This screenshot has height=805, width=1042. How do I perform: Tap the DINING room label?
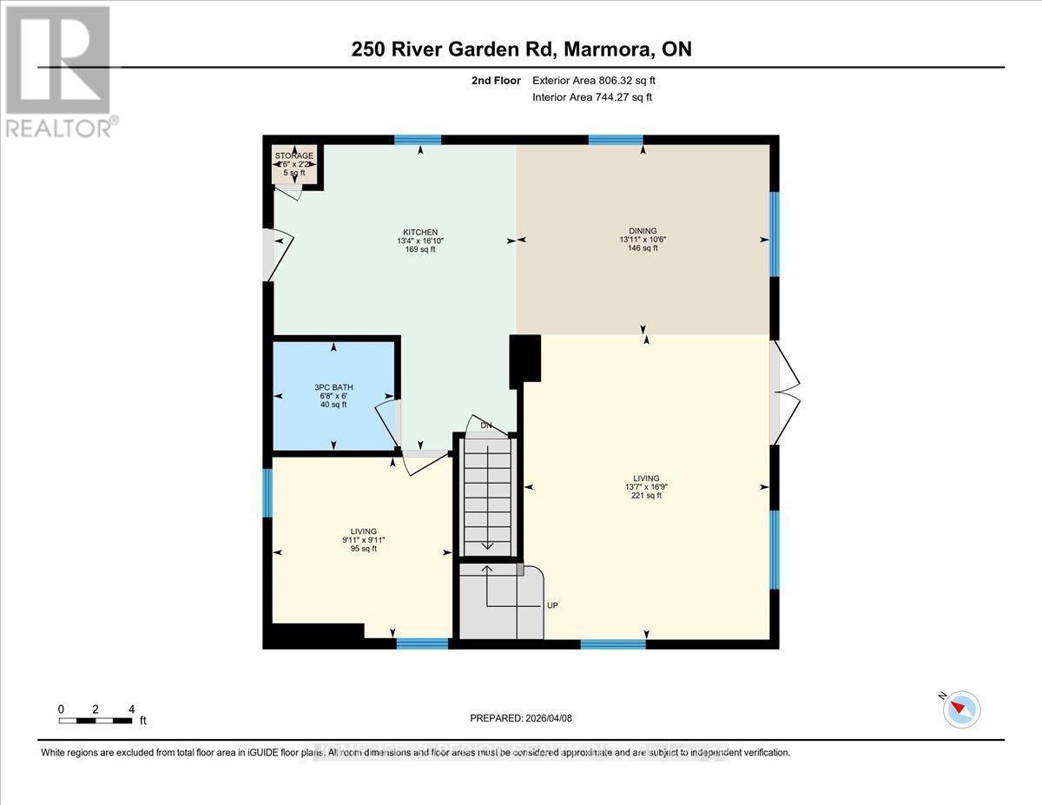[x=643, y=230]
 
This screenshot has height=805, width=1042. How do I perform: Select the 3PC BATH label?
[x=334, y=387]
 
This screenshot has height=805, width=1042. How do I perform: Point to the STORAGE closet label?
[x=294, y=155]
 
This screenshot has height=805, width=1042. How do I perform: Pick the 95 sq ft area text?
[x=362, y=549]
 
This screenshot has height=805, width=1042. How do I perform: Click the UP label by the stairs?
[x=551, y=605]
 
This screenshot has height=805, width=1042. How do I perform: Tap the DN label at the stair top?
[x=486, y=426]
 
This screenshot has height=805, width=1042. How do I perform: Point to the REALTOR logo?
[x=59, y=70]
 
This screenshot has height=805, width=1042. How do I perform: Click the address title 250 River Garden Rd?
[x=521, y=49]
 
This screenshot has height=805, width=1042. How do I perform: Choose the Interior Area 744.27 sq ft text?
[x=591, y=97]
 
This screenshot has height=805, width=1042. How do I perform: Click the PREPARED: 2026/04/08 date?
[x=521, y=718]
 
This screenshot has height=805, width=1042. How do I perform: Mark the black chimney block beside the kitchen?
[x=524, y=358]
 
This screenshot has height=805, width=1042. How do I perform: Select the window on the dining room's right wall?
[x=774, y=234]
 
